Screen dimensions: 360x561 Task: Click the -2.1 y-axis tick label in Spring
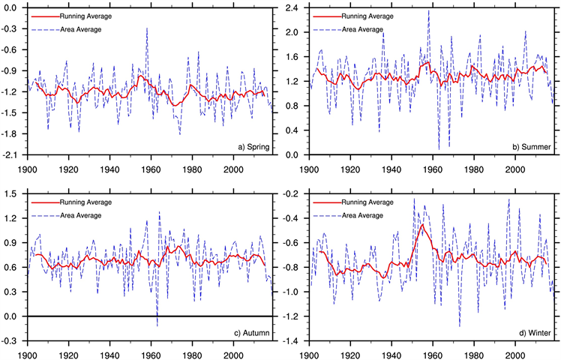[x=13, y=155]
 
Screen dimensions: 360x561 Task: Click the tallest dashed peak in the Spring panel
[x=147, y=28]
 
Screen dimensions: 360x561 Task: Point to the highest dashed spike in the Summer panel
[x=429, y=10]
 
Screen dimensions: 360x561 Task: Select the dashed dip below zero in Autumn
[x=157, y=325]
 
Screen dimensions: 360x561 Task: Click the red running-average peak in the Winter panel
[x=422, y=224]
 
